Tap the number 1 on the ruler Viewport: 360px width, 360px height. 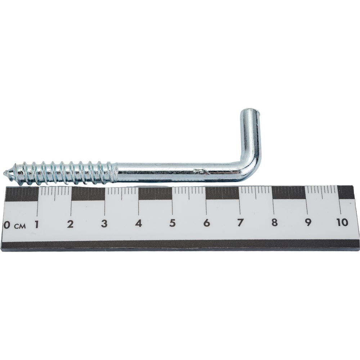tap(36, 224)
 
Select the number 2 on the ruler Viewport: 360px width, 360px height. tap(70, 224)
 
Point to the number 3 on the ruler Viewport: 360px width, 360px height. tap(104, 224)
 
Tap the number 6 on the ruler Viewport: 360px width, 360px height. tap(207, 223)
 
